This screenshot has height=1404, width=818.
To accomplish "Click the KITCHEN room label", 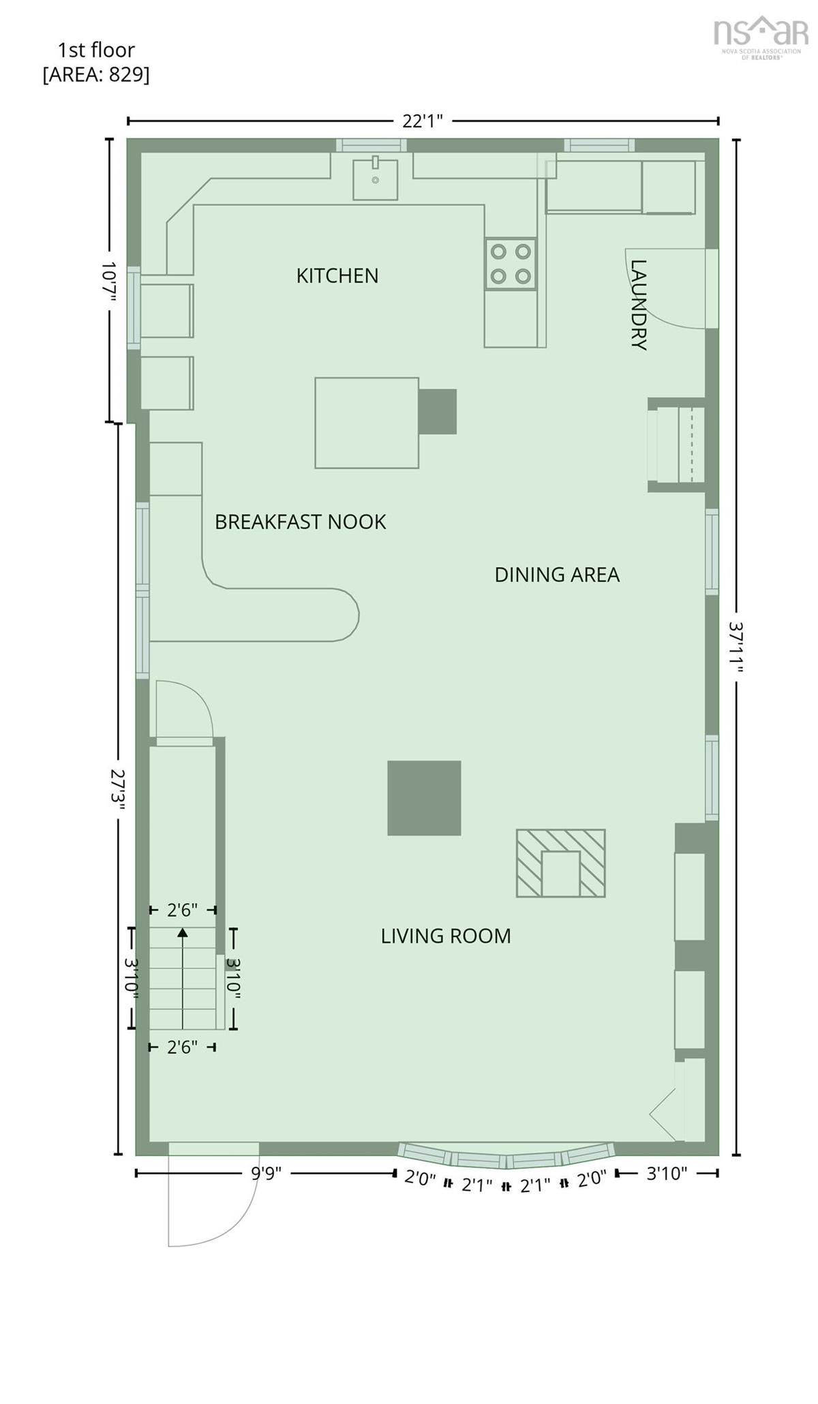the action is pos(337,275).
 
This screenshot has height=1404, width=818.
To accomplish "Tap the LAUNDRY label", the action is pos(638,305).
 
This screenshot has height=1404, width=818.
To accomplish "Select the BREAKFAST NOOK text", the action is pos(301,522).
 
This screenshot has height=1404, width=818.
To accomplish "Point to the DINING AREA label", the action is pos(557,575).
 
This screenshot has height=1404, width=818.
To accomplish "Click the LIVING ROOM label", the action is pos(446,936).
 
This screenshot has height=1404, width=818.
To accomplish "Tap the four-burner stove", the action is pos(511,264).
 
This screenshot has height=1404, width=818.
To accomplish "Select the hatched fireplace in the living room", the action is pos(560,863).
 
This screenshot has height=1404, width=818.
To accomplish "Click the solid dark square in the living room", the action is pos(424,798).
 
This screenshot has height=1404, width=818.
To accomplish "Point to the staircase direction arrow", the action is pos(182,977).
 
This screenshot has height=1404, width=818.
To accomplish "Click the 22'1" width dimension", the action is pos(423,121).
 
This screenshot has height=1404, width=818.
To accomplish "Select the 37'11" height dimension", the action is pos(736,647).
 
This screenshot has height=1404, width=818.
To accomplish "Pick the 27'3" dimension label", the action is pos(118,790).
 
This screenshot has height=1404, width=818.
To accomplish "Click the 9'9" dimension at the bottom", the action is pos(266,1174).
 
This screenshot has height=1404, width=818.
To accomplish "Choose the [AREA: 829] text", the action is pos(96,74).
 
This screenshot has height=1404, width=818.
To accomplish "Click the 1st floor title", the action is pos(96,50).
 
